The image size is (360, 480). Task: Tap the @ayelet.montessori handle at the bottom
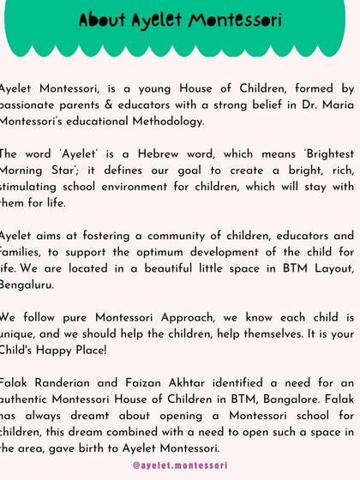pos(180,465)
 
